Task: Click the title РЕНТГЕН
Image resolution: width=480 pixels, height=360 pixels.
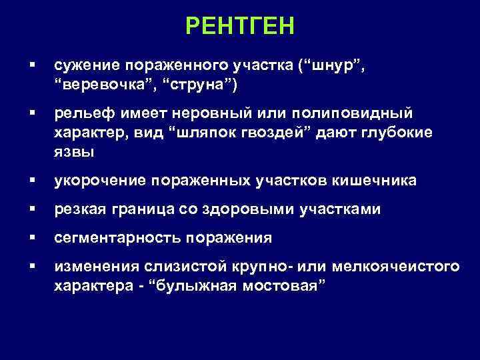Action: (x=240, y=26)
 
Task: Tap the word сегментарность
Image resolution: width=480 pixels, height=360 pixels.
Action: (x=117, y=238)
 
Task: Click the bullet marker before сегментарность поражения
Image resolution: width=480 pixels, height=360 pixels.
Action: (x=31, y=238)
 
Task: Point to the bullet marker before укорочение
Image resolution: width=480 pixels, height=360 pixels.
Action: (x=31, y=181)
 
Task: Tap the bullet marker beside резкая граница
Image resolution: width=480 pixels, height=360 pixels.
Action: (x=31, y=209)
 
